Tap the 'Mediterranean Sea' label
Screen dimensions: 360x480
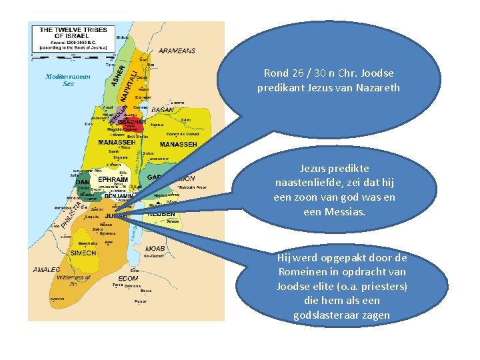(68, 80)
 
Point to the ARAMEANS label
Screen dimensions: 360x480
(177, 50)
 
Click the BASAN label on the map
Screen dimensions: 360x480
(163, 110)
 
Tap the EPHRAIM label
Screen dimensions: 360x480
(114, 179)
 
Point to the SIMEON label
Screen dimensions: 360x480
(84, 254)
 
